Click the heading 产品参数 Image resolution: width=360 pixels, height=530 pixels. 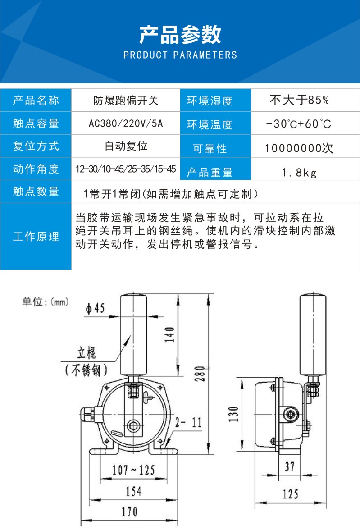(x=180, y=34)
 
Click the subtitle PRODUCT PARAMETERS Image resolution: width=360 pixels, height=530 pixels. (x=180, y=55)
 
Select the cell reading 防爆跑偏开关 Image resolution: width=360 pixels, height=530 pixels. (x=126, y=101)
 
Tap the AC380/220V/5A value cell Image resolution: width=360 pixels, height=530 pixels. (x=126, y=123)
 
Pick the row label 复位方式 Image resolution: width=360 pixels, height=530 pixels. (x=36, y=146)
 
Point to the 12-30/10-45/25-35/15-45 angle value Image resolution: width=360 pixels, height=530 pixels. (x=126, y=169)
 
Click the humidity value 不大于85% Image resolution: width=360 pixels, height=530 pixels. (x=299, y=100)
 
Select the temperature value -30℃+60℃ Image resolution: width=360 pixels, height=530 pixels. (x=299, y=123)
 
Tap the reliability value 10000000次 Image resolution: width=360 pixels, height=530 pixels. (x=299, y=148)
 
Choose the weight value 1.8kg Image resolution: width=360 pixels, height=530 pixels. (x=300, y=173)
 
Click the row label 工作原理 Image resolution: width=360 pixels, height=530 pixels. (x=36, y=236)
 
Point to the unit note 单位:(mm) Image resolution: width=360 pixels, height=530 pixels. (x=46, y=301)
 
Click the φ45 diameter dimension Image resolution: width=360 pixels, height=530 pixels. (x=95, y=308)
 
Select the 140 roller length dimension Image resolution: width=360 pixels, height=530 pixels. (x=170, y=334)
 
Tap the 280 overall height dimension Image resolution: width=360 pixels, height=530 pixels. (x=200, y=374)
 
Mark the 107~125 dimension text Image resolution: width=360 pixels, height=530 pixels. (x=133, y=470)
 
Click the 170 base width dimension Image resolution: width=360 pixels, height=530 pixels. (x=129, y=512)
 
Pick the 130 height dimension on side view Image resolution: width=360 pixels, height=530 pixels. (x=233, y=414)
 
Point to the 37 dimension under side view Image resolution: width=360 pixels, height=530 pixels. (x=290, y=466)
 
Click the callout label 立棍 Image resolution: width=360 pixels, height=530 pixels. (x=87, y=352)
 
